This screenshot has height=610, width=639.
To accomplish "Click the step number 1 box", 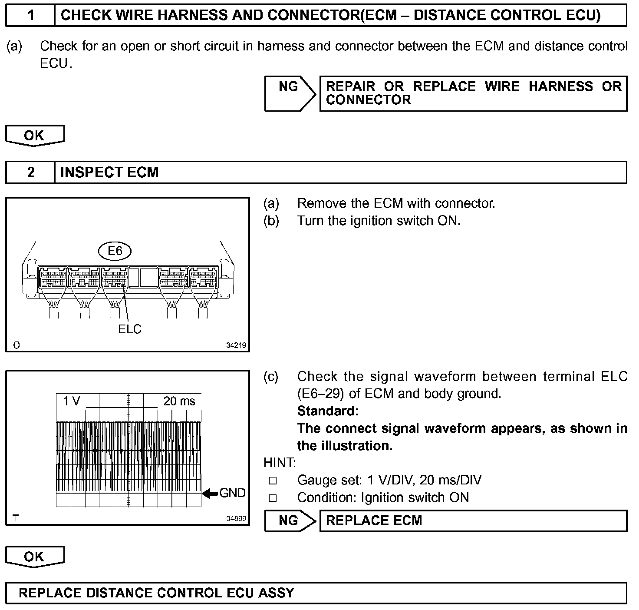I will (x=30, y=16).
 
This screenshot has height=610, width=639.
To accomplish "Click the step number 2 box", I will (x=30, y=172).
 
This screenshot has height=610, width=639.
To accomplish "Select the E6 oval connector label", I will (x=115, y=251).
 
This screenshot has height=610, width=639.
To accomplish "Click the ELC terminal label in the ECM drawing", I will (x=130, y=329).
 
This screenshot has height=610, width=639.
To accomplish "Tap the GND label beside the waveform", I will (x=233, y=493).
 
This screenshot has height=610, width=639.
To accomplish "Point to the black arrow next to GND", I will (x=210, y=493).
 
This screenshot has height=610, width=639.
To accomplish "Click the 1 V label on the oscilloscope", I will (x=72, y=401).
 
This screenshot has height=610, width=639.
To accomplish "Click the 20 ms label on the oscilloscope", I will (x=179, y=401).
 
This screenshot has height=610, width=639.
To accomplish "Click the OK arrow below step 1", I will (x=34, y=136).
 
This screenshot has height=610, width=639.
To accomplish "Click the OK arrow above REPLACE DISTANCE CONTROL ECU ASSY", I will (x=34, y=557).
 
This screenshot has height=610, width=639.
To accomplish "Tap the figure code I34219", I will (x=235, y=345).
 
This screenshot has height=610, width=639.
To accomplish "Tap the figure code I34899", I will (x=235, y=518).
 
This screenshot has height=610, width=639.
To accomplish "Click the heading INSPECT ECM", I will (x=109, y=172).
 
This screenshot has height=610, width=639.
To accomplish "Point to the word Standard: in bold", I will (x=328, y=411).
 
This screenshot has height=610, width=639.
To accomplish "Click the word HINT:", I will (x=280, y=463).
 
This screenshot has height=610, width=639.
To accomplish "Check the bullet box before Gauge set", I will (x=273, y=481).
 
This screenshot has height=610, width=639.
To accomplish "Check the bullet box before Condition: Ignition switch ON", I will (x=273, y=498).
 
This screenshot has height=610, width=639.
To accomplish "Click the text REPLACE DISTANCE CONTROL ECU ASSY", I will (x=156, y=593).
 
